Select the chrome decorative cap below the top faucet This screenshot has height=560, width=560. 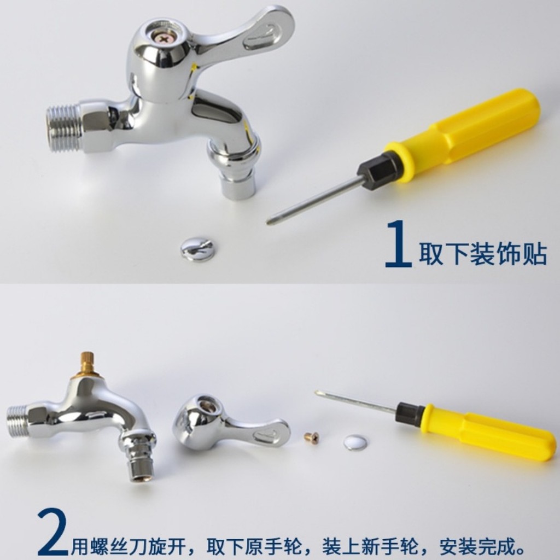[x=197, y=249]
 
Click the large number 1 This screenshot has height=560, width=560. [x=398, y=243]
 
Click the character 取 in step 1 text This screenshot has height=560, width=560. [x=431, y=254]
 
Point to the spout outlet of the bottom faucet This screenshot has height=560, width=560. [x=142, y=468]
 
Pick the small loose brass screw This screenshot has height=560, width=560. [x=312, y=437]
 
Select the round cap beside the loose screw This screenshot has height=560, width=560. [x=355, y=442]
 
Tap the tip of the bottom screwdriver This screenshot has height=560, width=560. [x=317, y=393]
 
